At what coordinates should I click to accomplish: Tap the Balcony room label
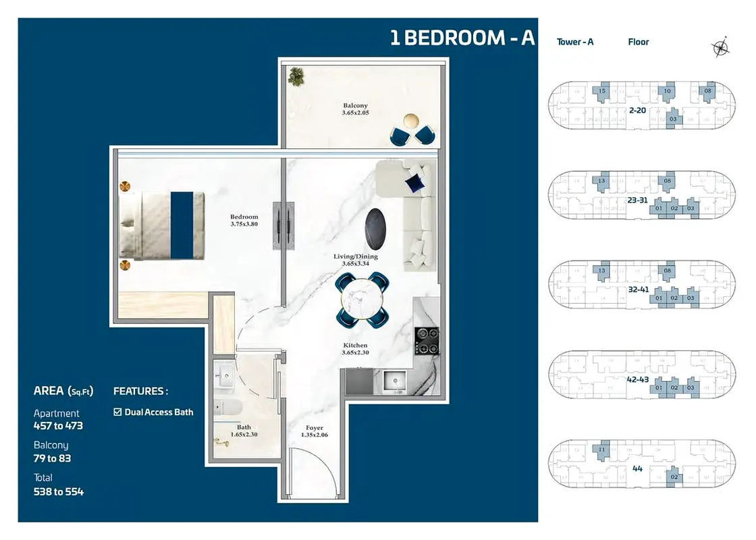[x=355, y=106]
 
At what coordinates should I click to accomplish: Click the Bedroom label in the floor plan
[x=244, y=217]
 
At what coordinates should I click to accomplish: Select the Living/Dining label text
[x=355, y=256]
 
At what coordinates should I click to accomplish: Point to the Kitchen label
[x=355, y=346]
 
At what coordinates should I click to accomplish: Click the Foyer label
[x=314, y=428]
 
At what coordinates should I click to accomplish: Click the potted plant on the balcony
[x=296, y=76]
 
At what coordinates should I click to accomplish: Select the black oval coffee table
[x=376, y=226]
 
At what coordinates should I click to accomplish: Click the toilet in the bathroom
[x=224, y=407]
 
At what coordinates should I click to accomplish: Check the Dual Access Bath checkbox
[x=118, y=412]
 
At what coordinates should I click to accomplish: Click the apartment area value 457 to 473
[x=58, y=426]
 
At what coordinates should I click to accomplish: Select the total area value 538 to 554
[x=59, y=491]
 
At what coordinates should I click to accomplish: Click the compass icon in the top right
[x=720, y=47]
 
